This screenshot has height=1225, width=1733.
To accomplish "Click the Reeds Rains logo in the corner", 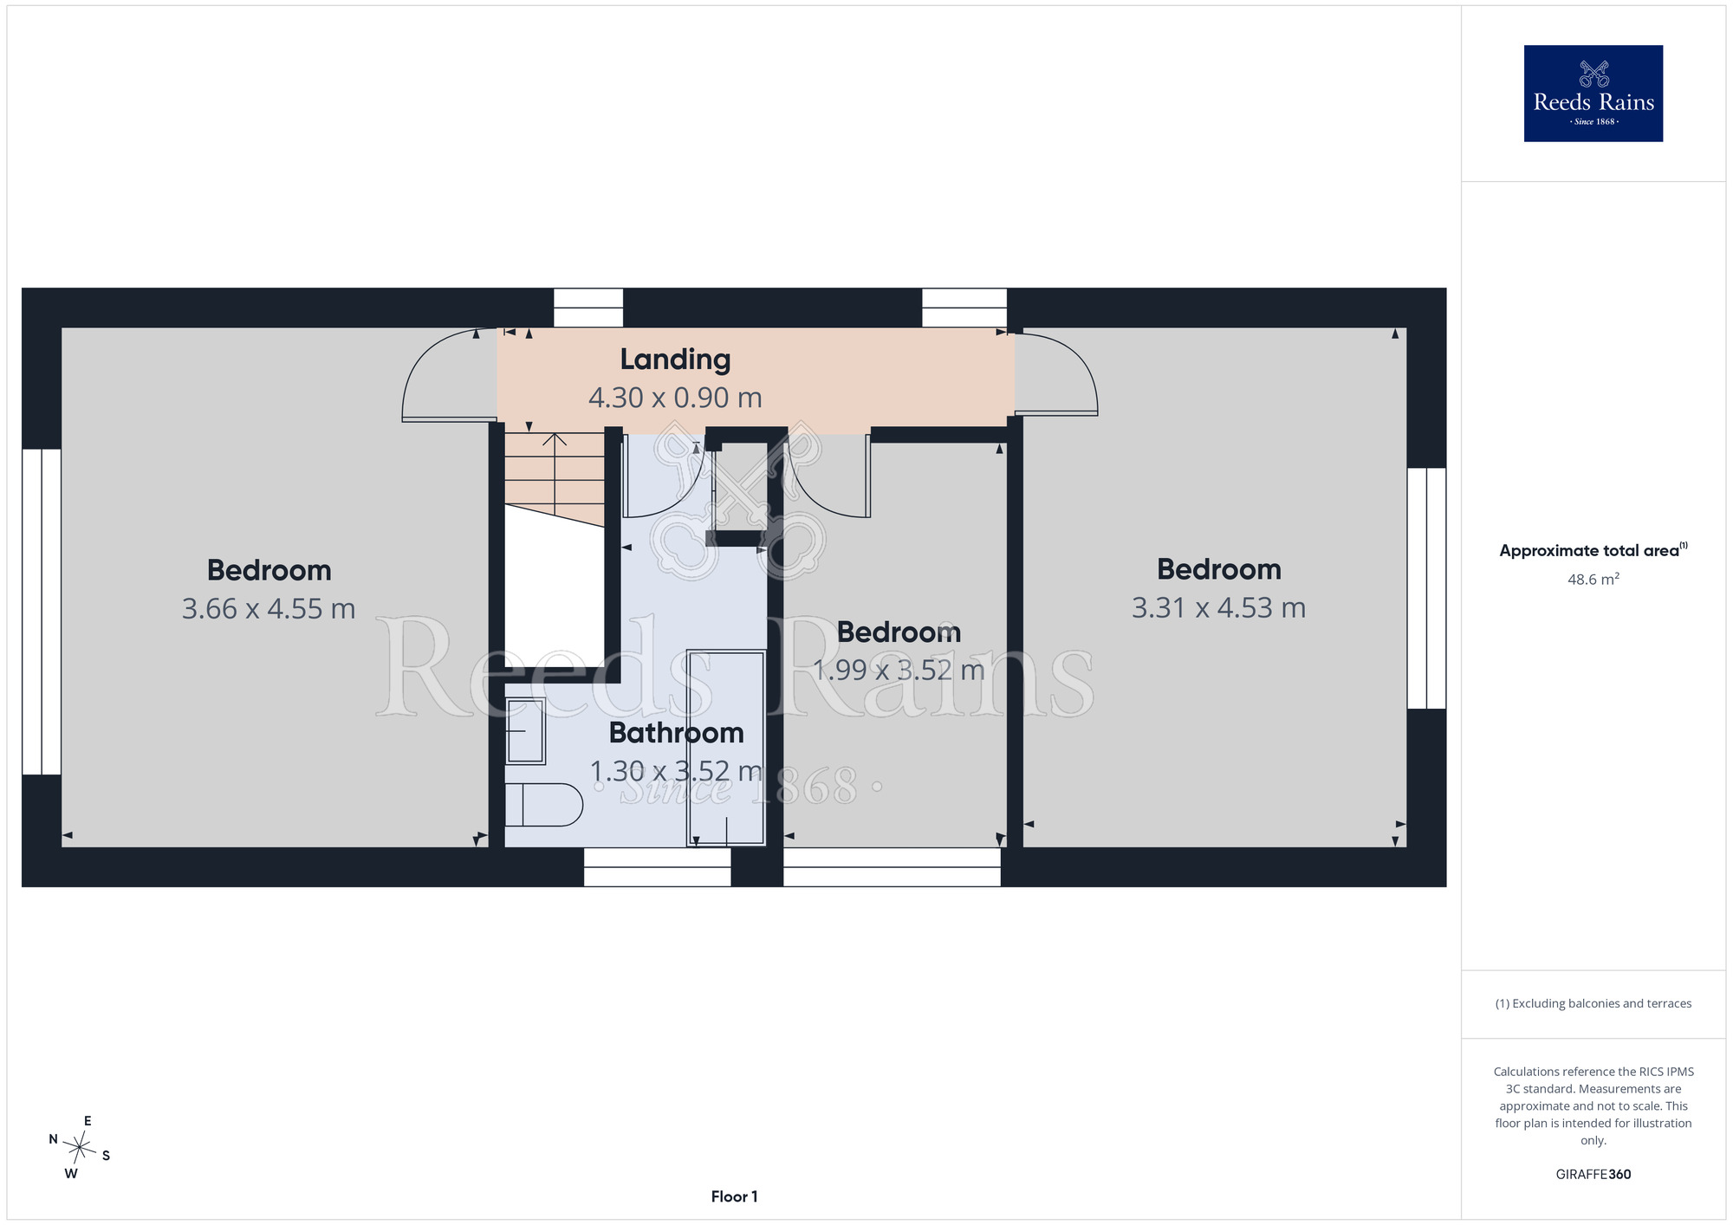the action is pos(1593,94).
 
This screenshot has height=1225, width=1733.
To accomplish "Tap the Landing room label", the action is pos(675,360).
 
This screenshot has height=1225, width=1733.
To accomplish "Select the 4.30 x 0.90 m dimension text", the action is pos(675,398).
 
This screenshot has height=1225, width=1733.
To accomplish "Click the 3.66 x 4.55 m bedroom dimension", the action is pos(269,609).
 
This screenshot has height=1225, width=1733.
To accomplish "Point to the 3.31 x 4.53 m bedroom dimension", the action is pos(1218,608).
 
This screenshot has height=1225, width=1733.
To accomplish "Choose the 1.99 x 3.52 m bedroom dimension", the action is pos(899,671).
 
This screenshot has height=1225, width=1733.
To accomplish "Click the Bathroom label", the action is pos(676,733).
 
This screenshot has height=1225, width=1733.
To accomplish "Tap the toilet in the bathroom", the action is pos(543,805).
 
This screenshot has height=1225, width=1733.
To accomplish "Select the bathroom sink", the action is pos(525,731).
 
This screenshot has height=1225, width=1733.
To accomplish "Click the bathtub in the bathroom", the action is pos(726,748).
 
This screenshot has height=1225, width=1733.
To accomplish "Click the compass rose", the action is pos(80,1148).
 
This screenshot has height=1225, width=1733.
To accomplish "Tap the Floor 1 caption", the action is pos(734,1196).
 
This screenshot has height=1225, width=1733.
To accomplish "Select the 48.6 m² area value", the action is pos(1593,579).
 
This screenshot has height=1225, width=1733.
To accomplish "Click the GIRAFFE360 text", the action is pos(1593,1175).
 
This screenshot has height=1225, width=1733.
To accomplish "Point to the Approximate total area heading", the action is pos(1593,550).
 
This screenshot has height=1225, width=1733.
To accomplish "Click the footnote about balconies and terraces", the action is pos(1593,1003).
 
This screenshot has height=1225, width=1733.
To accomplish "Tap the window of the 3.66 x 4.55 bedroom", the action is pos(42,612).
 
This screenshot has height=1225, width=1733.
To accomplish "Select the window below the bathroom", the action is pos(657,866).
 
